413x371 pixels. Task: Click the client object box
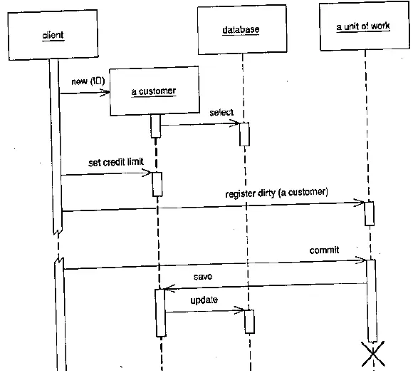coord(53,35)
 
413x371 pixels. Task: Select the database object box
coord(242,29)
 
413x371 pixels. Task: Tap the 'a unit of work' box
coord(365,26)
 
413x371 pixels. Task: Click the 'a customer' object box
coord(155,91)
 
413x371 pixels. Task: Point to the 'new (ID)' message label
coord(88,81)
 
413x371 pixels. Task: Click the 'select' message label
coord(221,113)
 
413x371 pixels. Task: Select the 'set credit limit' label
coord(116,162)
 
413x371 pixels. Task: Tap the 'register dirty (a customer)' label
coord(276,193)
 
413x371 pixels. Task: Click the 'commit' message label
coord(324,250)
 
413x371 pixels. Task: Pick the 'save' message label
coord(203,277)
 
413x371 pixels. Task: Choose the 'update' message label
coord(204,300)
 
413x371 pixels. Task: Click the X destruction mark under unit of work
coord(373,354)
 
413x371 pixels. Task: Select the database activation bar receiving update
coord(249,322)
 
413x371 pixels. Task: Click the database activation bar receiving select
coord(244,134)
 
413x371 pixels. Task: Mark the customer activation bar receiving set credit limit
coord(157,184)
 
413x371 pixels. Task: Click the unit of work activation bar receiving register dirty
coord(370,214)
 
